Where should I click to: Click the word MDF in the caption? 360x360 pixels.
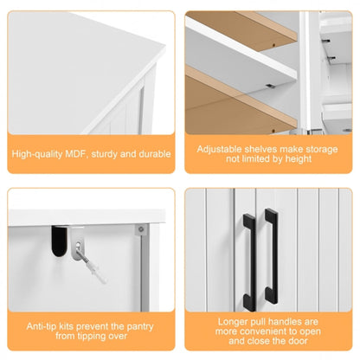(75, 154)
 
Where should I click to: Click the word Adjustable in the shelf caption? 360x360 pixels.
(222, 148)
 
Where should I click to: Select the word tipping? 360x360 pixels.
(83, 337)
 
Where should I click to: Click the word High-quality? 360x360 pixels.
(38, 154)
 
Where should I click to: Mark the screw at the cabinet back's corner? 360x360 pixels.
(140, 230)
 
